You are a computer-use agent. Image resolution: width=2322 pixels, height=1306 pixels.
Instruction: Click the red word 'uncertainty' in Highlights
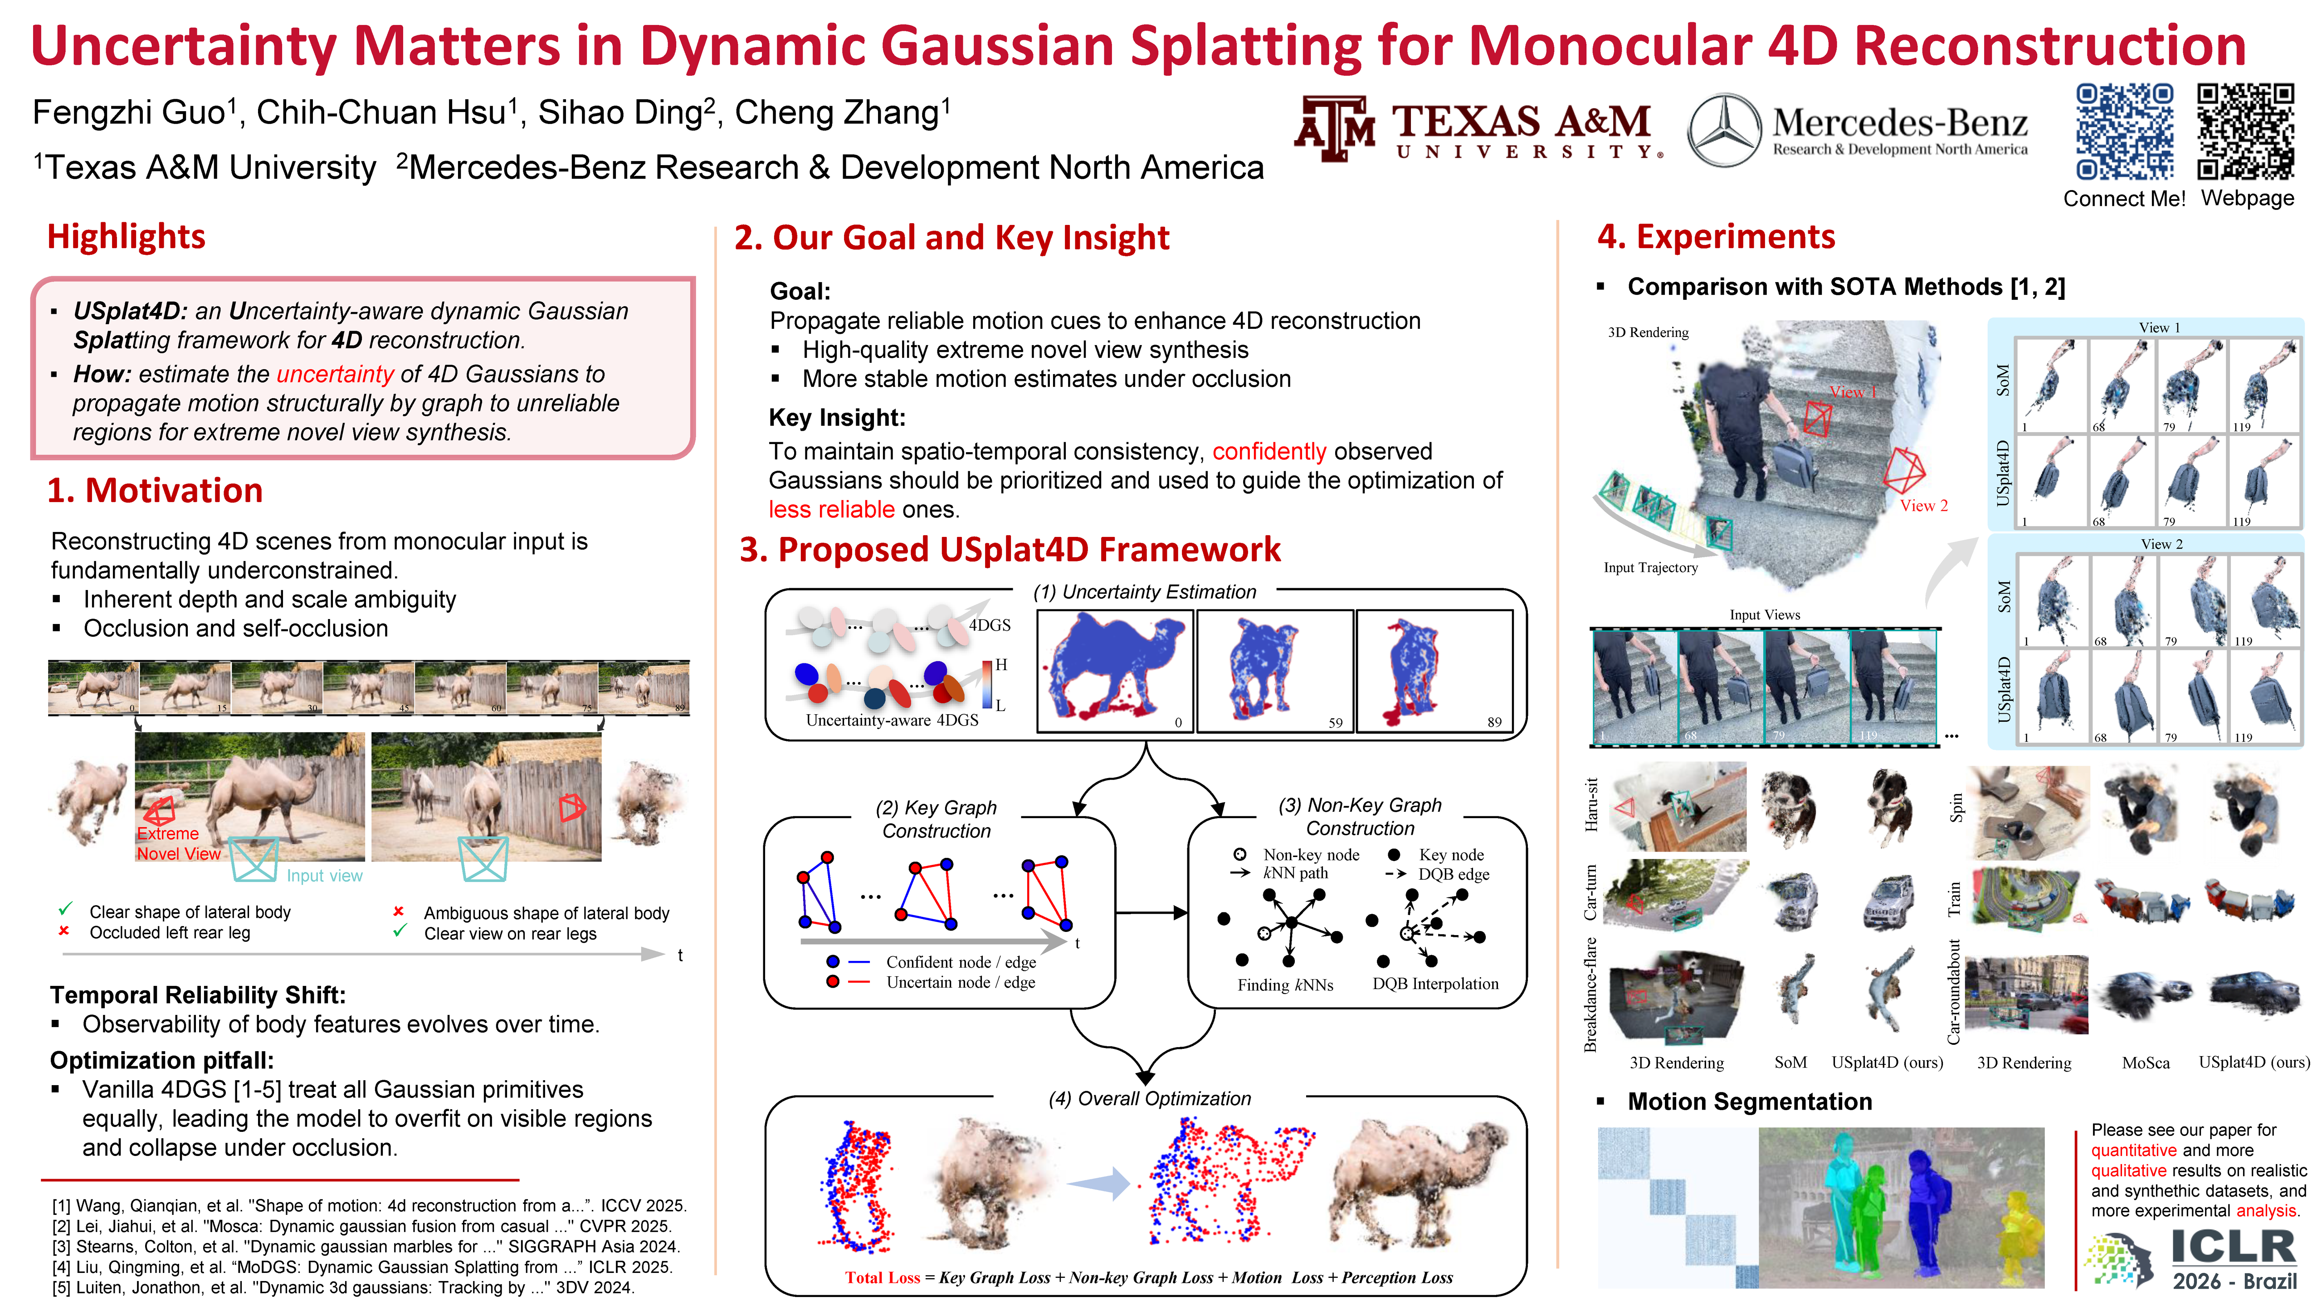[334, 374]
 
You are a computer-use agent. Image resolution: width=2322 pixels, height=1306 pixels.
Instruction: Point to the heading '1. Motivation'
[155, 490]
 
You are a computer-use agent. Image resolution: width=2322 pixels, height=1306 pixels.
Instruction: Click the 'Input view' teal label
[325, 876]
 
